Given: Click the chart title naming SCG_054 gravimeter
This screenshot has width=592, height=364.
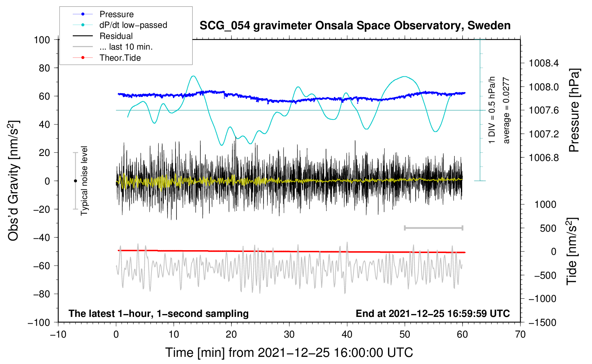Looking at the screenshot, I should pos(355,26).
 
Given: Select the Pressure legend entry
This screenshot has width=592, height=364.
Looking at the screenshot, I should pos(116,14).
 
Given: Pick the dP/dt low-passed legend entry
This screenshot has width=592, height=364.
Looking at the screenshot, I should pos(133,25).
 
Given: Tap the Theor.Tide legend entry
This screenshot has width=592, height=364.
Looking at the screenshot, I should pos(120,58).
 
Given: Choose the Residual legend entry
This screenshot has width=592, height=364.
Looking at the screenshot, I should pos(116,36).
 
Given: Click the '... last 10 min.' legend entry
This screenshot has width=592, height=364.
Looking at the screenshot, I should pos(126,47).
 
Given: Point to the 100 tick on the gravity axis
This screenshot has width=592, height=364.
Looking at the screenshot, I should pos(42,40).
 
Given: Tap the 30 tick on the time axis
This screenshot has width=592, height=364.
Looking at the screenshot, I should pos(289,334).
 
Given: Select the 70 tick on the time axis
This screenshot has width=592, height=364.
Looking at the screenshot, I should pos(520,334).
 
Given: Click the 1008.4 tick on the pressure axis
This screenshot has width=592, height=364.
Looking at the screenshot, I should pos(544,64).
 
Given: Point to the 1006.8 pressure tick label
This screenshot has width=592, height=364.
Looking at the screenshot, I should pos(544,158).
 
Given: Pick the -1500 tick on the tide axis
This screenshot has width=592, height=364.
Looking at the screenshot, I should pos(542,323).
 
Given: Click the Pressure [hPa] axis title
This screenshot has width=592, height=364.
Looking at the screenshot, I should pos(574,111).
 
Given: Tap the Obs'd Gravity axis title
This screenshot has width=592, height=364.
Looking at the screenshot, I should pos(14,181).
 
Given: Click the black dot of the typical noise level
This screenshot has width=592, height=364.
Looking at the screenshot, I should pos(75,181).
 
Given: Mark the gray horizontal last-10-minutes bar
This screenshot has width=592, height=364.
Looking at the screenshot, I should pos(433,228).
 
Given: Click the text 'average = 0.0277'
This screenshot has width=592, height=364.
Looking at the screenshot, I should pos(506,111).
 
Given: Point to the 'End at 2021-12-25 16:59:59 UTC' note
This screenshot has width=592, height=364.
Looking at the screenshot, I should pos(433,313).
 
